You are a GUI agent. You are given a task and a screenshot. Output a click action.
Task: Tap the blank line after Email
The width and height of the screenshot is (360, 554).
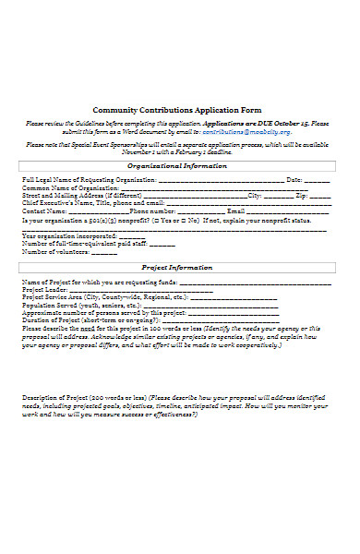coord(290,211)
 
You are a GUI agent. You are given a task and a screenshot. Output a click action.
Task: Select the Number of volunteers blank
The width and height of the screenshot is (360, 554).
coord(104,252)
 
